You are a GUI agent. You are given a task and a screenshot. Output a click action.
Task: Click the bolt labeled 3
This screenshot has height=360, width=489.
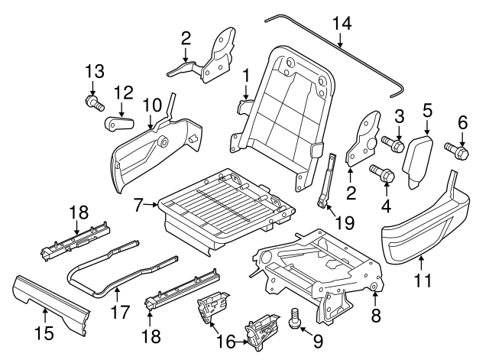tap(390, 142)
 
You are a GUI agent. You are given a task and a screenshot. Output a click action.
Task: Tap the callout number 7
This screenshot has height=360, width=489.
tap(138, 205)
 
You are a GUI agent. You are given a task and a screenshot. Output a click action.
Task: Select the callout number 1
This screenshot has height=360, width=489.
tap(246, 76)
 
